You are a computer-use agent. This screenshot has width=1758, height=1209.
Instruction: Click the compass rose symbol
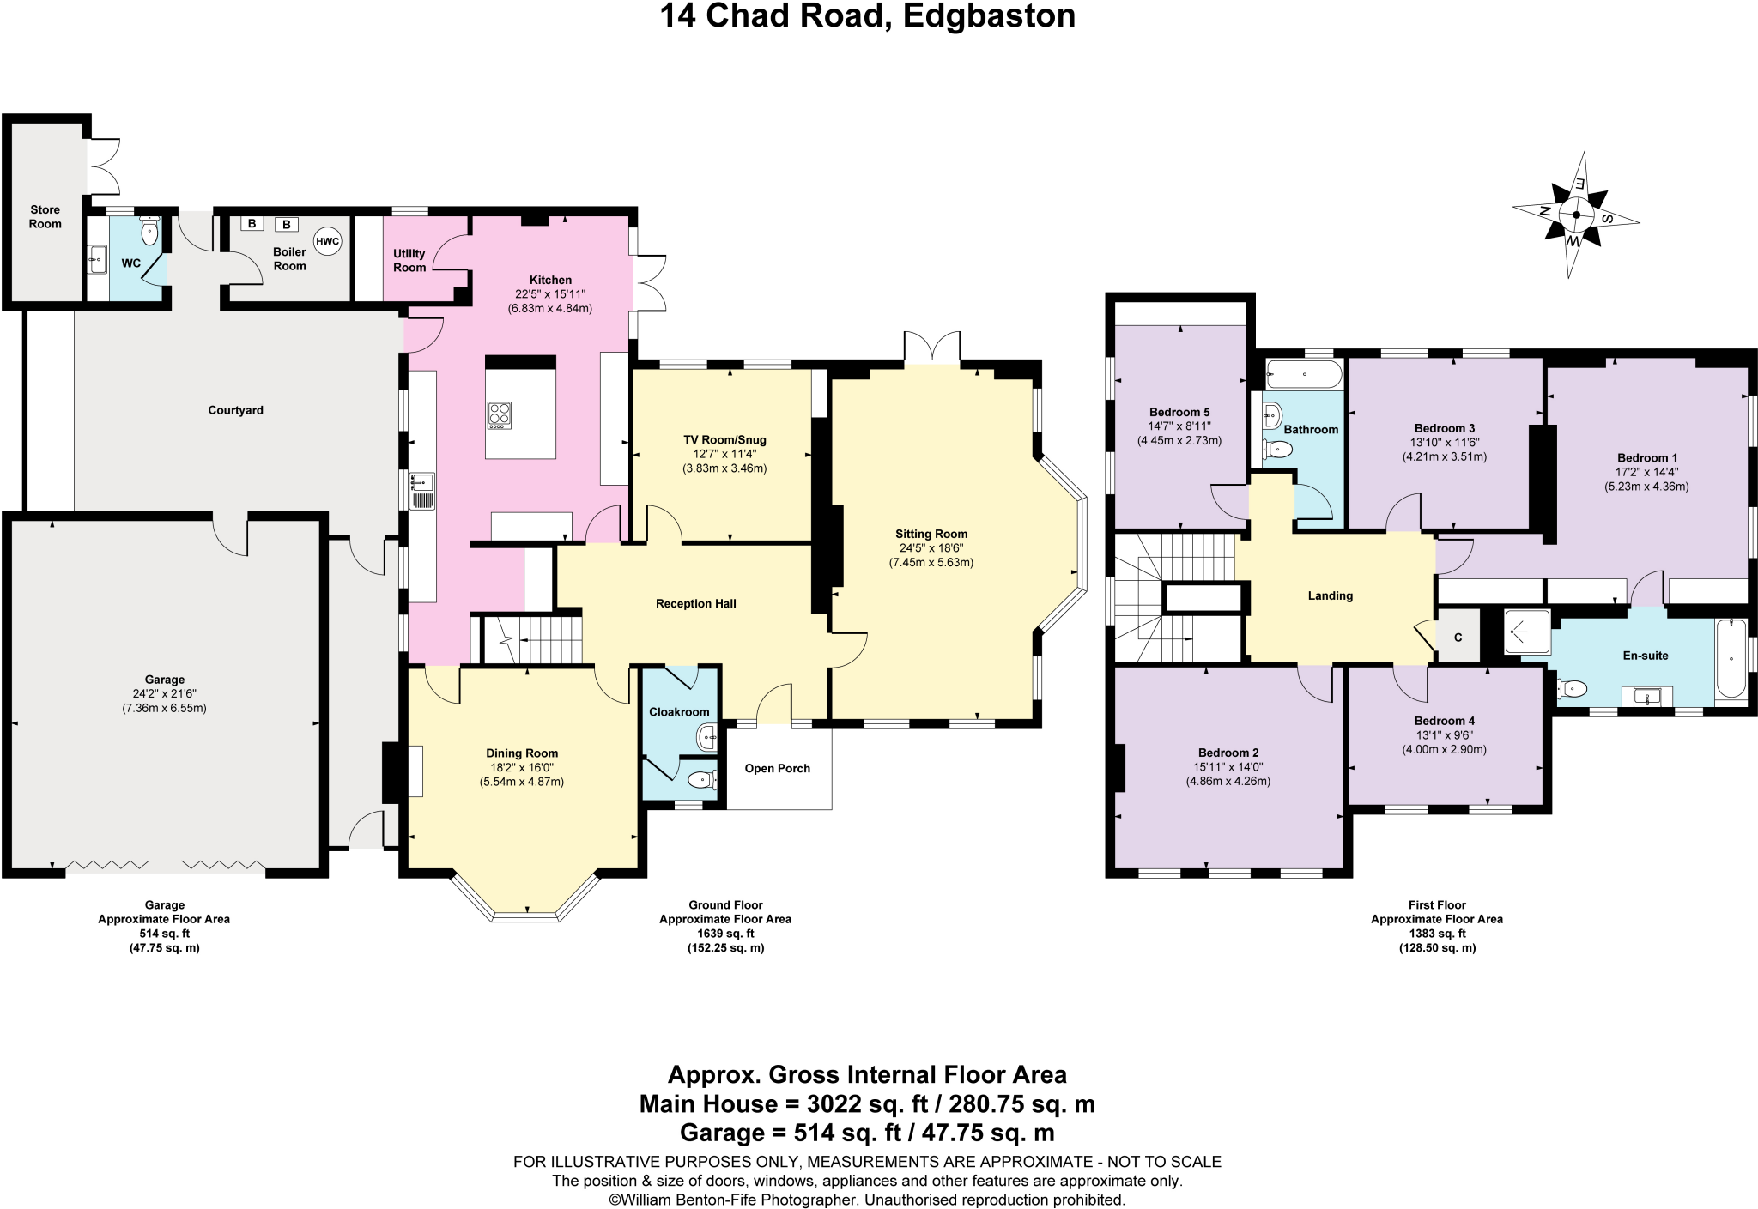1575,215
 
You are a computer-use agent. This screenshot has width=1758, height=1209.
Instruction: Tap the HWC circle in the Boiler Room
327,242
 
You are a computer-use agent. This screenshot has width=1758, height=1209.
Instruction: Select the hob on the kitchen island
500,415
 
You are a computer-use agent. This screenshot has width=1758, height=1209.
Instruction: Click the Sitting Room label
931,534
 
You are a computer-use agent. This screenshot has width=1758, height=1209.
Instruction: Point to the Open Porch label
777,769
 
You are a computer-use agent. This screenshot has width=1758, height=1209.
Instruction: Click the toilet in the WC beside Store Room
149,232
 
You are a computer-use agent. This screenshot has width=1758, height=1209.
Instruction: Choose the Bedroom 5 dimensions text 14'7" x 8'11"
1179,426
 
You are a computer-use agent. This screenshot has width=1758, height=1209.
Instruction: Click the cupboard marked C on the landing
1458,638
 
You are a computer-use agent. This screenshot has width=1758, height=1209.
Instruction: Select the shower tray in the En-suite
1527,632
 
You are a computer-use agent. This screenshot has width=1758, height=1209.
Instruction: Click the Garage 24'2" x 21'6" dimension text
164,694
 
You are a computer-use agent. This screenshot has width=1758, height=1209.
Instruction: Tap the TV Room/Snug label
724,440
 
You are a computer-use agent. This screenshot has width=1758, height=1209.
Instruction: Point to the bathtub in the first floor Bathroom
1303,375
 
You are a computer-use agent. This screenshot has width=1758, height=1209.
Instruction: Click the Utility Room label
409,260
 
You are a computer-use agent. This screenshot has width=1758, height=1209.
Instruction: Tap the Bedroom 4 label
1444,721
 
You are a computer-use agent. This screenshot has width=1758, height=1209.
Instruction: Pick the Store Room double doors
103,166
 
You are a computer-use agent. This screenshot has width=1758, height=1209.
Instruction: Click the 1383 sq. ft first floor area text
1436,934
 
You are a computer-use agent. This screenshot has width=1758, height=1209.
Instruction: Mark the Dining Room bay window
525,910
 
